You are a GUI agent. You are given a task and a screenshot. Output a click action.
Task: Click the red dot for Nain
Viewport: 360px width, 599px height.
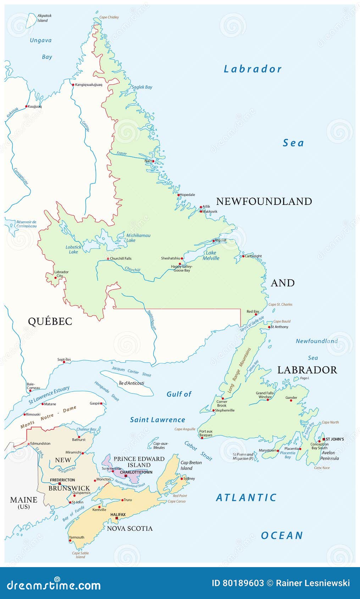(153, 161)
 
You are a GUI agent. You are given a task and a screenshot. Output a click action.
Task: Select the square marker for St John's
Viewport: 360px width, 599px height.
(323, 439)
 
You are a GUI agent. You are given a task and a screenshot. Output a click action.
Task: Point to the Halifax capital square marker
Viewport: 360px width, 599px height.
(117, 518)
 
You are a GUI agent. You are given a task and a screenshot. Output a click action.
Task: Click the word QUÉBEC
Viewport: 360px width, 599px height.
(50, 321)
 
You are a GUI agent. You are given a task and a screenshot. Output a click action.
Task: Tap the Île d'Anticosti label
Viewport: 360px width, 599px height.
(131, 383)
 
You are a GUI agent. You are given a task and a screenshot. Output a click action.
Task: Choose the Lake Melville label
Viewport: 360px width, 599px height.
(211, 256)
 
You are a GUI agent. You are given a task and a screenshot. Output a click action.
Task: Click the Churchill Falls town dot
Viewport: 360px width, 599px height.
(108, 259)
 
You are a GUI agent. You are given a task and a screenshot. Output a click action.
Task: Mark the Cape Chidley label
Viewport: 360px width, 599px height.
(109, 17)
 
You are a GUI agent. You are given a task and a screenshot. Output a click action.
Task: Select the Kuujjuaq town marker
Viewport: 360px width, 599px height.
(26, 106)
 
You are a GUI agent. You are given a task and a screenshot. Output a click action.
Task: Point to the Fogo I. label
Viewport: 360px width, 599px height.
(304, 379)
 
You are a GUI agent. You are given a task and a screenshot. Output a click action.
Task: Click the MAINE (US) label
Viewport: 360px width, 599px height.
(24, 502)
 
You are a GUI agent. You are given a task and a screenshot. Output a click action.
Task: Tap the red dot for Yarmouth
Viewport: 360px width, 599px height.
(70, 541)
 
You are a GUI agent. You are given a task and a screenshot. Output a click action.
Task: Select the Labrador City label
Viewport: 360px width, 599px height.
(61, 274)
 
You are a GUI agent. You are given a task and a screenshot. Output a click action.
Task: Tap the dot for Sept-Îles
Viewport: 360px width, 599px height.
(64, 362)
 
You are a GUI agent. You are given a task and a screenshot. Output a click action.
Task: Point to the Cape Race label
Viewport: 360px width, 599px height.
(322, 468)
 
